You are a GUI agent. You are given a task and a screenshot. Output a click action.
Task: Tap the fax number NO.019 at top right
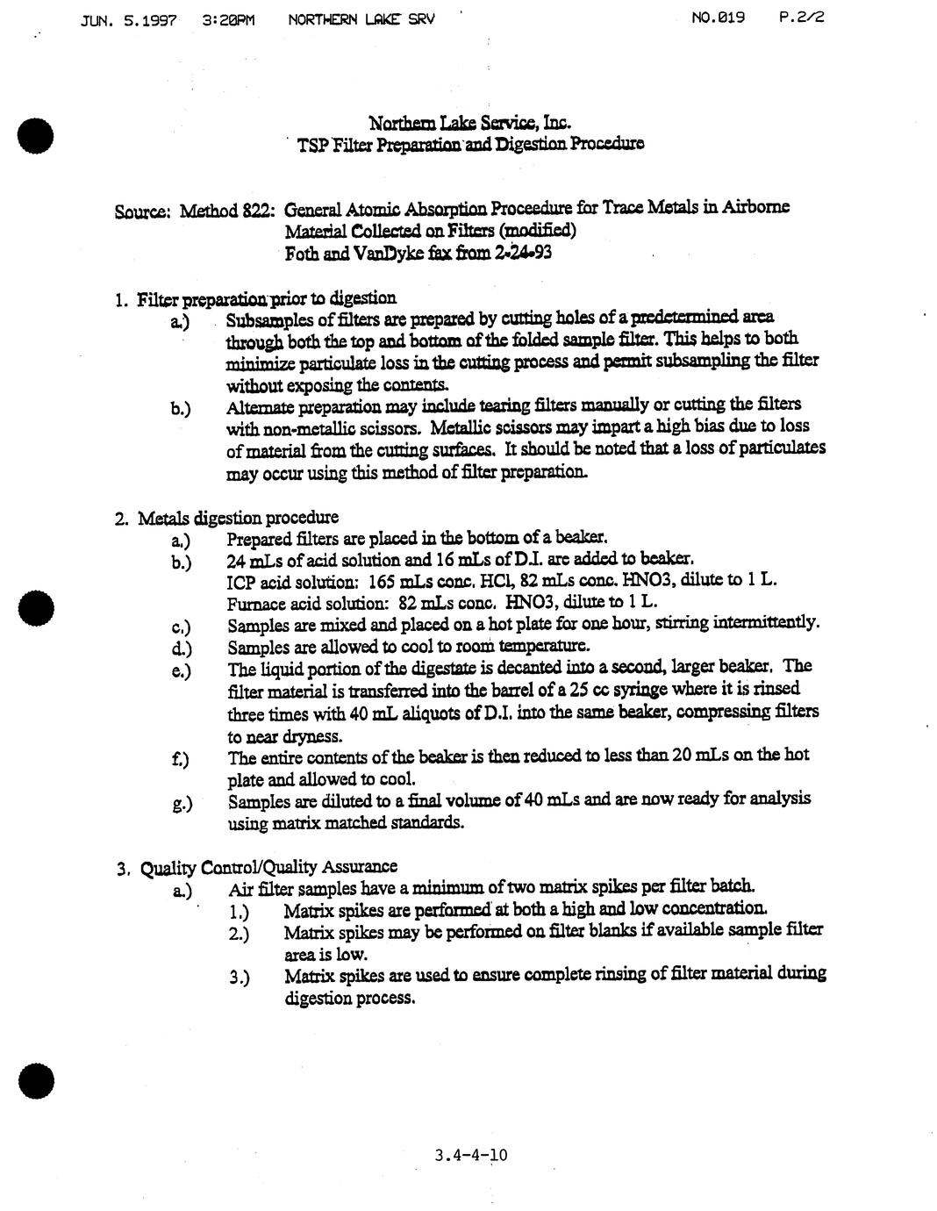pyautogui.click(x=718, y=17)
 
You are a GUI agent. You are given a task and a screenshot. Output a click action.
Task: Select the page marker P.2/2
pyautogui.click(x=801, y=17)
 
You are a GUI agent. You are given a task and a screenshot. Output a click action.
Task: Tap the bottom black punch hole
pyautogui.click(x=35, y=1078)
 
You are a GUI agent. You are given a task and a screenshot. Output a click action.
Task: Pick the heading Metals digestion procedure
pyautogui.click(x=238, y=517)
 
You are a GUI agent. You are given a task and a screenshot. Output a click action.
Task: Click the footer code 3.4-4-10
pyautogui.click(x=470, y=1154)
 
